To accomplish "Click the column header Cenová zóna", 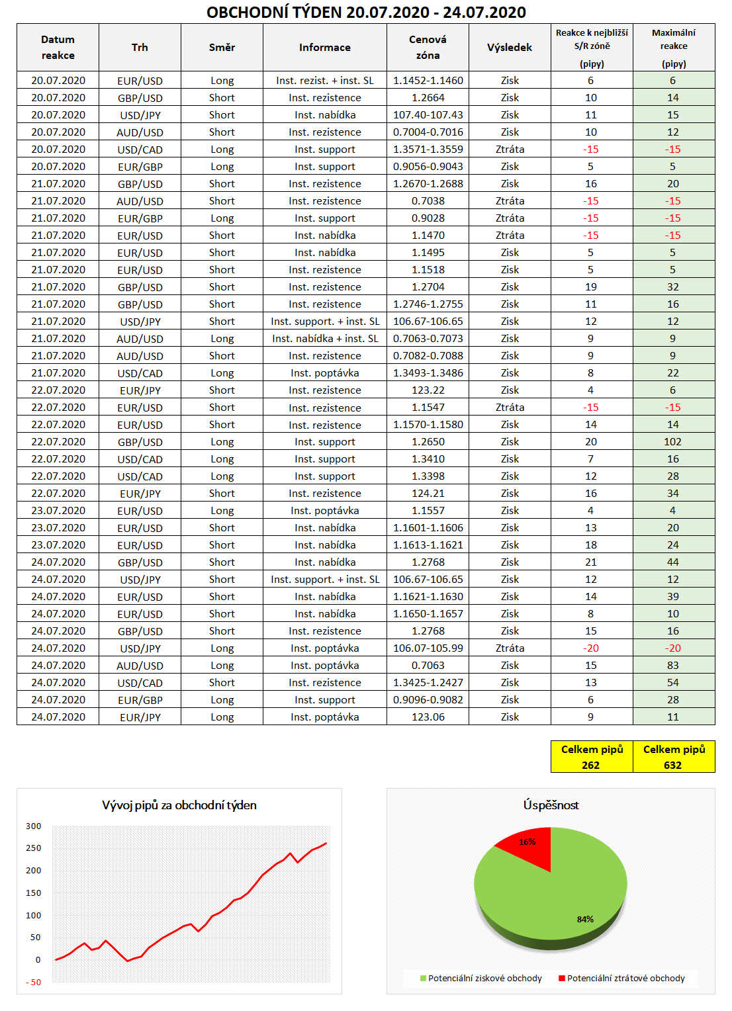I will click(x=428, y=48).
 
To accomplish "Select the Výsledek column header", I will click(x=510, y=48).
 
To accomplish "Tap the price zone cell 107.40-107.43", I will click(x=428, y=115).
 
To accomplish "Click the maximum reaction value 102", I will click(x=672, y=442).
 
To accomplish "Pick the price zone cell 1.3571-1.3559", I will click(x=428, y=150).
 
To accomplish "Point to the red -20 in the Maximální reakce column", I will click(x=672, y=648).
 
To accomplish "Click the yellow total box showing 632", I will click(x=674, y=757).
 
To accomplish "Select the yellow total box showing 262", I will click(x=592, y=757).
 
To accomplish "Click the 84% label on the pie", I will click(x=585, y=919).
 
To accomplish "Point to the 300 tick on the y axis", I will click(x=34, y=826).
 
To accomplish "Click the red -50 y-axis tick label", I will click(x=34, y=982).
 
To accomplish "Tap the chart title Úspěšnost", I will click(x=551, y=805).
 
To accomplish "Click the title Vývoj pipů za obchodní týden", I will click(x=179, y=805).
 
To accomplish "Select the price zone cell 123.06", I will click(x=428, y=717).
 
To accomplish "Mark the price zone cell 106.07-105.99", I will click(x=428, y=648).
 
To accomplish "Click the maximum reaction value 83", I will click(x=672, y=666).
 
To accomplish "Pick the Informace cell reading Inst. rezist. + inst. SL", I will click(x=324, y=81).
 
